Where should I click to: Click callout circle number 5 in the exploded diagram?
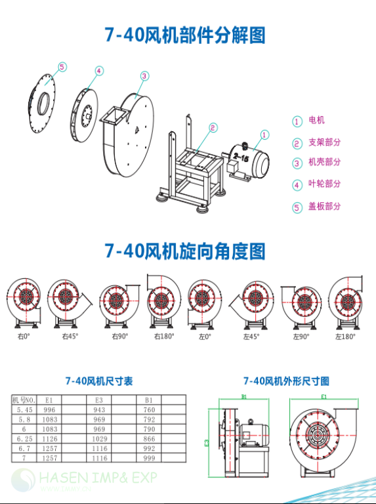pyautogui.click(x=62, y=67)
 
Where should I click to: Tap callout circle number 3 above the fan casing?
pyautogui.click(x=144, y=75)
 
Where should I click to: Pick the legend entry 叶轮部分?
pyautogui.click(x=324, y=184)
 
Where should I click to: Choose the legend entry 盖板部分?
pyautogui.click(x=324, y=206)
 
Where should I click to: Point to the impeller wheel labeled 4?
pyautogui.click(x=83, y=115)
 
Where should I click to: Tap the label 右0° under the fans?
pyautogui.click(x=24, y=336)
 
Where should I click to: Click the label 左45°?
pyautogui.click(x=251, y=336)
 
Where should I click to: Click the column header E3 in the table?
pyautogui.click(x=99, y=399)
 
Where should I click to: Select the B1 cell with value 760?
pyautogui.click(x=148, y=409)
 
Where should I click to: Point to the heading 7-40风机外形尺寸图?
pyautogui.click(x=286, y=381)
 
